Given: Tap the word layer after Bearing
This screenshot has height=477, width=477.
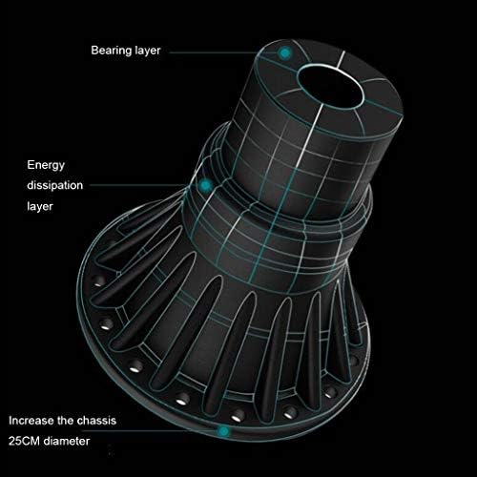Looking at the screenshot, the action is pyautogui.click(x=148, y=51).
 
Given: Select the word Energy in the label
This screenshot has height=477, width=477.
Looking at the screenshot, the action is pyautogui.click(x=46, y=165).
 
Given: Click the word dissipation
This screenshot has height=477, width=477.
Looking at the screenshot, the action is pyautogui.click(x=54, y=185).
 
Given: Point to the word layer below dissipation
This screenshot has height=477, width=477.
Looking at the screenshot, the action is pyautogui.click(x=40, y=206).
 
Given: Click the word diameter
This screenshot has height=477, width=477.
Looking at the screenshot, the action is pyautogui.click(x=67, y=441).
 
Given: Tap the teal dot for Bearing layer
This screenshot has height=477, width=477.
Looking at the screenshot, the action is pyautogui.click(x=285, y=52).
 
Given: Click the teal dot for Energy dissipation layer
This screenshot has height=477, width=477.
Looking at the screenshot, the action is pyautogui.click(x=206, y=185).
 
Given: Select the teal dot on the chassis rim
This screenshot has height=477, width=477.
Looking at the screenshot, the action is pyautogui.click(x=223, y=431).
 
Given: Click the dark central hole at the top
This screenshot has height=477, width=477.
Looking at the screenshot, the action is pyautogui.click(x=331, y=86).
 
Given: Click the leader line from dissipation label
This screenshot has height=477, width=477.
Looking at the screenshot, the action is pyautogui.click(x=145, y=185).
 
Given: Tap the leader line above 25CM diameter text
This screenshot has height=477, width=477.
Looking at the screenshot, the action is pyautogui.click(x=150, y=431).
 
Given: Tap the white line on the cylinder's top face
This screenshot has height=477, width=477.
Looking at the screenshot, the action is pyautogui.click(x=341, y=59).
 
